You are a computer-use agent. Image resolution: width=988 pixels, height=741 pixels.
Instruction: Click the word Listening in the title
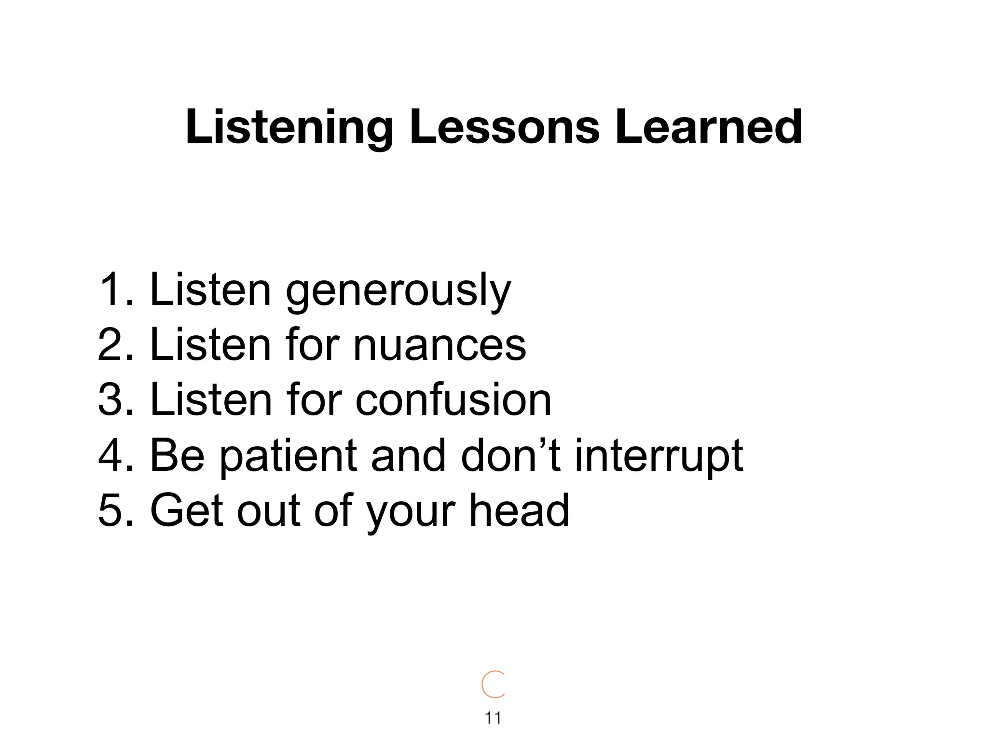click(289, 127)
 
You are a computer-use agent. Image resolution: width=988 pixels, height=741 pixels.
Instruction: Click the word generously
click(398, 290)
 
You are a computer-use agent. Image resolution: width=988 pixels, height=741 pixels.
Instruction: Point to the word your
click(410, 511)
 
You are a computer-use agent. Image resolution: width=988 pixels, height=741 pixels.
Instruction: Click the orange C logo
click(493, 684)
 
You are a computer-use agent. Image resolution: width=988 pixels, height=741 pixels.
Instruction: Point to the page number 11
click(493, 718)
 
